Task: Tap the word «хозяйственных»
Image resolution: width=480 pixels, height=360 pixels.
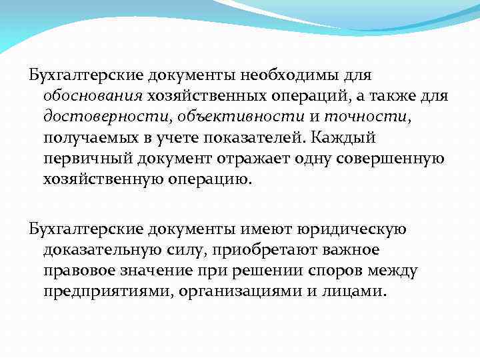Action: pos(200,97)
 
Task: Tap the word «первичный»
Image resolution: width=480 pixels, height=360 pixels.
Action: pos(88,160)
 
